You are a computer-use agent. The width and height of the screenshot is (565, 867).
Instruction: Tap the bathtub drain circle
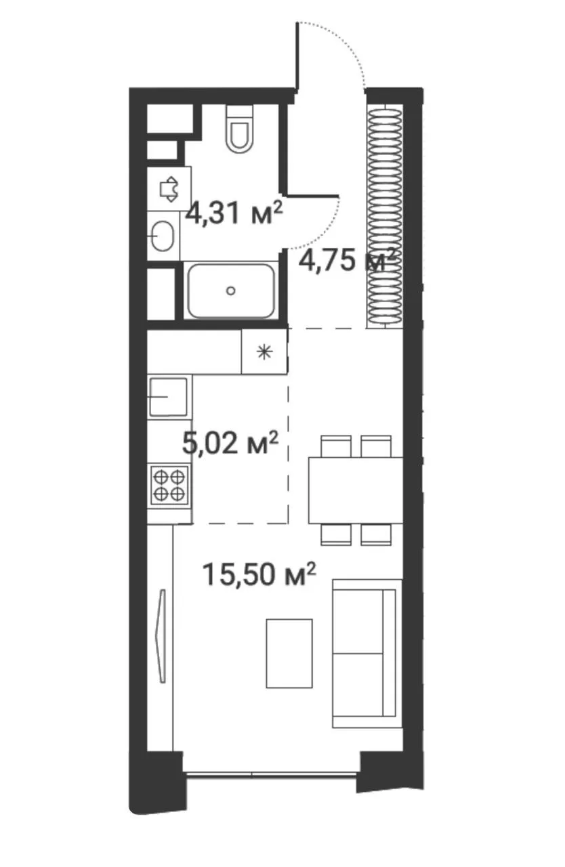pos(231,291)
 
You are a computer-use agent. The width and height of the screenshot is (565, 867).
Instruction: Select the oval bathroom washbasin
pos(162,236)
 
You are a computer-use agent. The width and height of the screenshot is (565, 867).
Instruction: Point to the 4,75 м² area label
pos(348,261)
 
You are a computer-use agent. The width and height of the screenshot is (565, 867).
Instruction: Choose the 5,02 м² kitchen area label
pos(230,443)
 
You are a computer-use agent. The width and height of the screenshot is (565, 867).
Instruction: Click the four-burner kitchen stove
pos(169,485)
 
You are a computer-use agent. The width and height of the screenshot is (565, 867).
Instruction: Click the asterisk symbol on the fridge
pos(265,352)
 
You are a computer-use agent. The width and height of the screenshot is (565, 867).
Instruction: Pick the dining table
pos(356,490)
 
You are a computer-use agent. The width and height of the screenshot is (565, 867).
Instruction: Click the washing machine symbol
pos(169,189)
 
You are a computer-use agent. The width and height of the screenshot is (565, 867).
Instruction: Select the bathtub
pos(231,291)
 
